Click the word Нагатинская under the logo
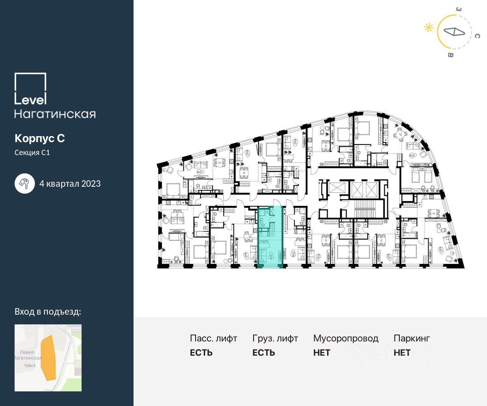click(x=55, y=114)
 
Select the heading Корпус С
click(x=40, y=138)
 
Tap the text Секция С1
click(x=32, y=153)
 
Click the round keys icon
click(x=25, y=184)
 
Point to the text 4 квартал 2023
click(x=70, y=184)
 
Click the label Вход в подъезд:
click(x=48, y=312)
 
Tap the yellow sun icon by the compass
click(x=429, y=28)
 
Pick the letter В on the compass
click(x=450, y=55)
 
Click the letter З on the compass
click(x=458, y=9)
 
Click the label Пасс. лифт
click(x=213, y=338)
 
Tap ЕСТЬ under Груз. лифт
click(x=263, y=353)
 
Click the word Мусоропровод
click(x=346, y=338)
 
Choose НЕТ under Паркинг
click(x=402, y=353)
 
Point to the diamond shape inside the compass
click(x=454, y=32)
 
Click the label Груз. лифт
click(x=275, y=338)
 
